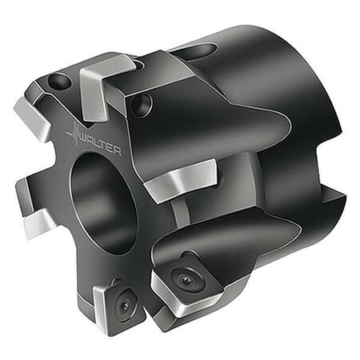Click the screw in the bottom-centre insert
tap(186, 281)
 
